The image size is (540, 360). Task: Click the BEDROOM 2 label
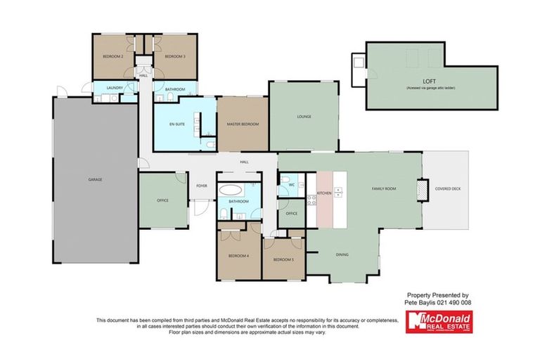114,56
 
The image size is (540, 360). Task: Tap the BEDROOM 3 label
175,56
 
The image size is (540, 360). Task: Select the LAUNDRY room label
115,88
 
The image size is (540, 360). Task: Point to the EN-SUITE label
176,124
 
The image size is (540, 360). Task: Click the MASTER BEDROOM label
243,124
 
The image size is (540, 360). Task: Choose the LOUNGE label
304,117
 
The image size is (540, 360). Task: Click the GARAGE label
95,179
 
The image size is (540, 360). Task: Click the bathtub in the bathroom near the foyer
231,190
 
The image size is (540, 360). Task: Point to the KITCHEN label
323,193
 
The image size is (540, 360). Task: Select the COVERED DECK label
448,189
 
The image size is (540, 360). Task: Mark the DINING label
342,255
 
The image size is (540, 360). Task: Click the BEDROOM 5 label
283,259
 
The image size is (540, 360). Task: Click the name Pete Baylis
420,302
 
